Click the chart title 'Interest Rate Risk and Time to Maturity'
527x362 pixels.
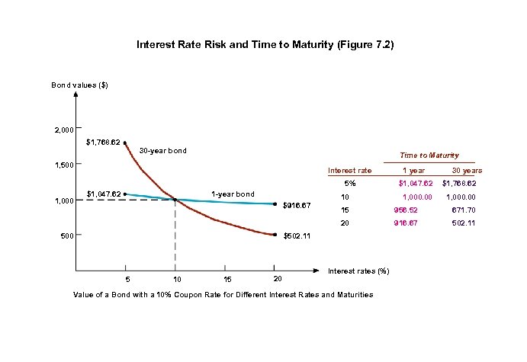point(265,45)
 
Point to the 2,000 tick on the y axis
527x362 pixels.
point(63,130)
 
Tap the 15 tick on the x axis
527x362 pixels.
point(225,280)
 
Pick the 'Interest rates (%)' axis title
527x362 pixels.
point(358,271)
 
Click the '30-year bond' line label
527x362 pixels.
point(162,151)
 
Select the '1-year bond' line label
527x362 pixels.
point(233,194)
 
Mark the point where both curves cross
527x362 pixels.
point(175,200)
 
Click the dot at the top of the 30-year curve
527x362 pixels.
point(125,142)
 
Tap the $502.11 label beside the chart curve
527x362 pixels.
point(297,236)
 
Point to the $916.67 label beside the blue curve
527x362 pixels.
point(297,205)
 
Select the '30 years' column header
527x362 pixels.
point(466,171)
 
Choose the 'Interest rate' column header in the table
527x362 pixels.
point(349,171)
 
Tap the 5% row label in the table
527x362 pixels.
point(349,184)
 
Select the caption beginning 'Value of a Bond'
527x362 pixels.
point(223,294)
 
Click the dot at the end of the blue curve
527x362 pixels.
point(275,203)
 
